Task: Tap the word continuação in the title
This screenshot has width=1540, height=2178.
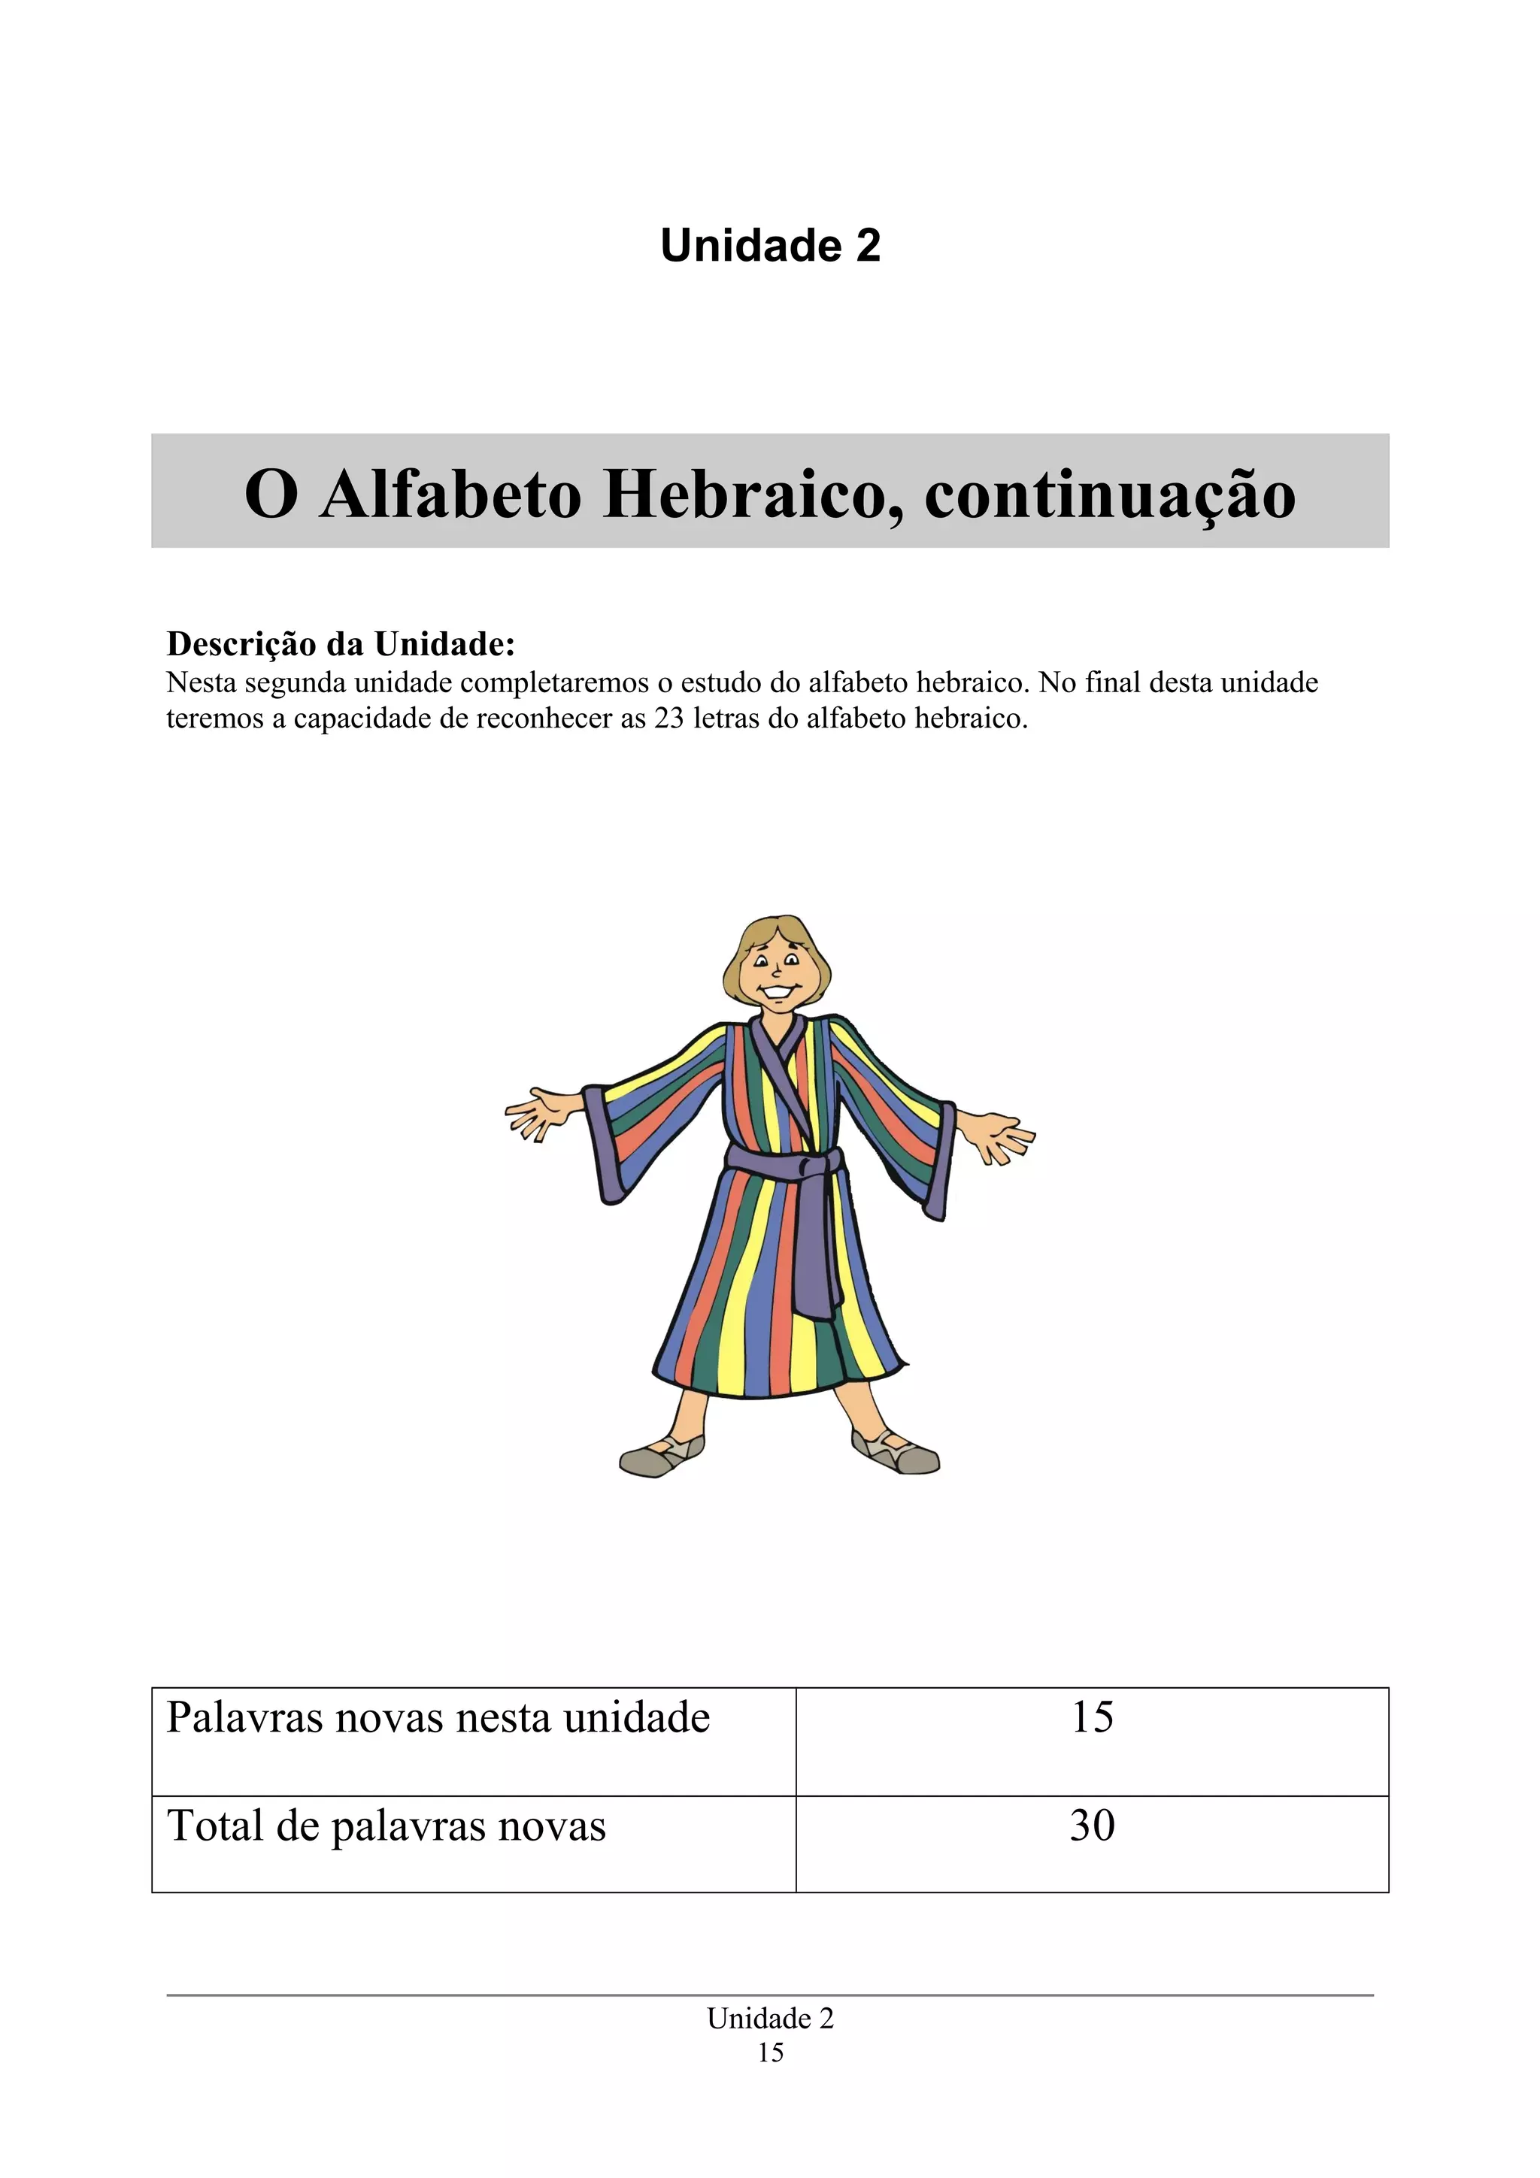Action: (x=1109, y=495)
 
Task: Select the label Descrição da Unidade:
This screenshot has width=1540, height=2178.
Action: (x=341, y=644)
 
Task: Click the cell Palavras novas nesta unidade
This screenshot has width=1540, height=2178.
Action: (x=438, y=1718)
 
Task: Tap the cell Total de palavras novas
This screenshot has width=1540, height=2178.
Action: (x=387, y=1826)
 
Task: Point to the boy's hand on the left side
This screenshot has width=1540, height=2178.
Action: (x=537, y=1115)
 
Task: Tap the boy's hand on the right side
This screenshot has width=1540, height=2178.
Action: (x=1000, y=1136)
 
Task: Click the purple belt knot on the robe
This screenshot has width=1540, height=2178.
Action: (x=807, y=1163)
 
